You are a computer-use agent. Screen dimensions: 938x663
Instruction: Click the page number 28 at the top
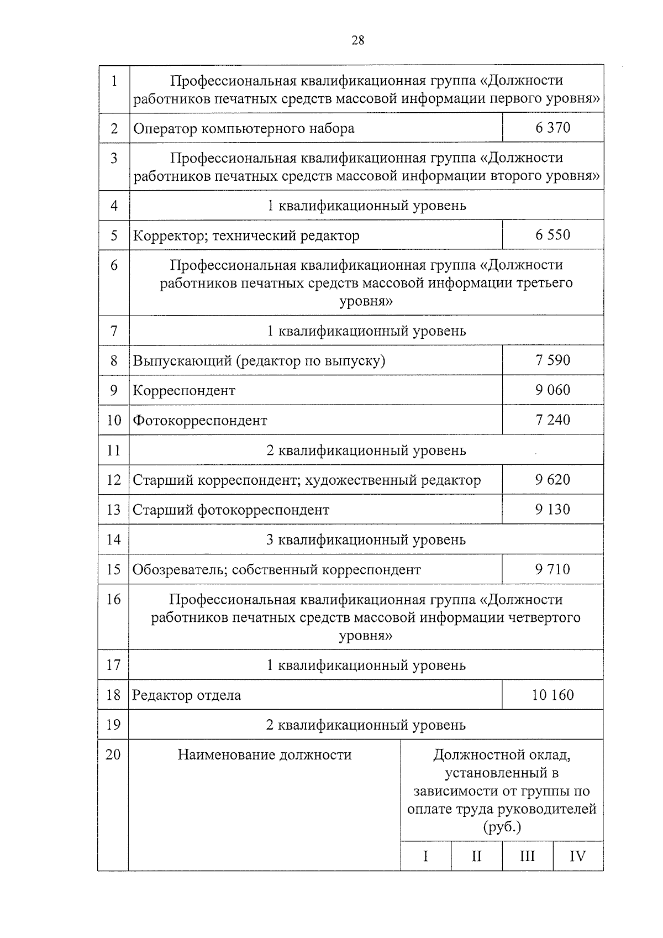[357, 40]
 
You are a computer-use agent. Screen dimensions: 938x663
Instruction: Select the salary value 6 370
[552, 128]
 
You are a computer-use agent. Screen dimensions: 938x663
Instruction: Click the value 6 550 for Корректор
[552, 235]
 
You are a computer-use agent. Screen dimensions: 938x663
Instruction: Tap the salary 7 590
[552, 360]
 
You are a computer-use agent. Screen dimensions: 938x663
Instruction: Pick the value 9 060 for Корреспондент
[552, 390]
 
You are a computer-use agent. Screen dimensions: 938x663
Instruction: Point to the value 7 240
[552, 420]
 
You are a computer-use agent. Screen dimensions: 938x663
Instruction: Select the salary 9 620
[552, 479]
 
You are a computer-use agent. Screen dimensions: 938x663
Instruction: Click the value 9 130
[552, 509]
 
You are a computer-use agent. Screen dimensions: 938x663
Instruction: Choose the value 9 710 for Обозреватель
[552, 569]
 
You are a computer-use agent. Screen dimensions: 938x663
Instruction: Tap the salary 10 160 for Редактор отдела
[552, 695]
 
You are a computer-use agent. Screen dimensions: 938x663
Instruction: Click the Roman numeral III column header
[527, 857]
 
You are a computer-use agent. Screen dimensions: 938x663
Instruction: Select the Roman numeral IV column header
[577, 857]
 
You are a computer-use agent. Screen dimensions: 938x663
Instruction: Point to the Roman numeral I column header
[425, 857]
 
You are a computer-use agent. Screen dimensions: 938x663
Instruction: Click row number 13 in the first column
[113, 510]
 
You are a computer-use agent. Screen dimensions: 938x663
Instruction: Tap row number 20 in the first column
[113, 754]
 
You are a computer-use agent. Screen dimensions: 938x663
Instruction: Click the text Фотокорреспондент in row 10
[199, 421]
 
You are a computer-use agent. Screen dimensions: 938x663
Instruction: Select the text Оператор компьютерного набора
[244, 129]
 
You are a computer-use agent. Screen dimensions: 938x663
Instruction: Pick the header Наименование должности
[264, 755]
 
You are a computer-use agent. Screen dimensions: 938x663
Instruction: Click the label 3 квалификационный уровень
[366, 539]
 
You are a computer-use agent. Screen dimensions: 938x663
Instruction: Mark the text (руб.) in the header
[502, 827]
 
